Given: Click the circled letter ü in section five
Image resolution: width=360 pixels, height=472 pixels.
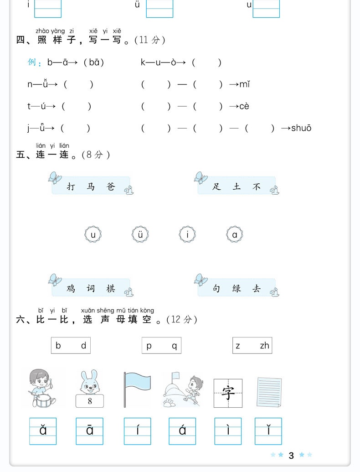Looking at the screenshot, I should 140,235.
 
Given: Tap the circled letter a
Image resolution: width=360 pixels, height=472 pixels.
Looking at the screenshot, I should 235,235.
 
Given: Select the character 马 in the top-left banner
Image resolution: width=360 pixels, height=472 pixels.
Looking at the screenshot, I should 91,187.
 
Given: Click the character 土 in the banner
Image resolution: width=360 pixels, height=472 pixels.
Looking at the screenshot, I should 237,187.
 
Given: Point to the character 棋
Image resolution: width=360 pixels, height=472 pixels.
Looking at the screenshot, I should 111,289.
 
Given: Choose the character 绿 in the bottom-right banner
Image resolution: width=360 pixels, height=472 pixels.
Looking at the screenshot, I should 237,289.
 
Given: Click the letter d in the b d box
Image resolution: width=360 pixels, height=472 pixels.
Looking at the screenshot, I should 83,346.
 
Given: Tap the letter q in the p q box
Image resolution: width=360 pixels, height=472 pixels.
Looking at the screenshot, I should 174,346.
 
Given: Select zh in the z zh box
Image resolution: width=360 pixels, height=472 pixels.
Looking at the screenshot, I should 264,346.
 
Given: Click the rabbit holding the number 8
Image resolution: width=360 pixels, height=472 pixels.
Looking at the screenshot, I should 90,389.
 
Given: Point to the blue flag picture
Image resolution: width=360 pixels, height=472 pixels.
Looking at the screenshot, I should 136,389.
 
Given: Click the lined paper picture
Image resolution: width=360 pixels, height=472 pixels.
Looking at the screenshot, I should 269,391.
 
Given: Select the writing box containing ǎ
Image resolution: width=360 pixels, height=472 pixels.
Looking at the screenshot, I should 43,431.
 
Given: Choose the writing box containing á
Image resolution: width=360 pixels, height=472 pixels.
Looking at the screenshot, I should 182,431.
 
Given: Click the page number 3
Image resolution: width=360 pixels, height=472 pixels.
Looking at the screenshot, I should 291,455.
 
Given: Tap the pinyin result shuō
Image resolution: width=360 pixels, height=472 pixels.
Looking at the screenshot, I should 301,128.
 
